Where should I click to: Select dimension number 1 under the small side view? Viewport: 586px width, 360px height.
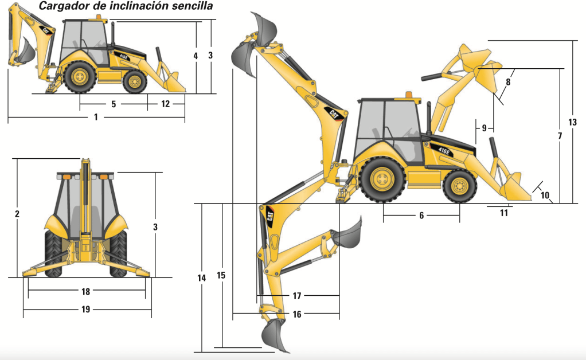tap(96, 117)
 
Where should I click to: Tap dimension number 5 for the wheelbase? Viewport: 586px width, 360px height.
tap(114, 104)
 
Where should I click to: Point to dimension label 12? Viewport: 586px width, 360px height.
tap(165, 104)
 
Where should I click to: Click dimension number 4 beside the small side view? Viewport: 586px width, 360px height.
tap(196, 56)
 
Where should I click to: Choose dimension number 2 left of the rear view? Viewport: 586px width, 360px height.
tap(17, 214)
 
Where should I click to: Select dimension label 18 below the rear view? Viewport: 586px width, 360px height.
tap(85, 291)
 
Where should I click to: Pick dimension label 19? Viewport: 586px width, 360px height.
tap(85, 309)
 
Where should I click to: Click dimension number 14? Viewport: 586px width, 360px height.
tap(201, 278)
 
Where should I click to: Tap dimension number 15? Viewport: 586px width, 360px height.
tap(221, 275)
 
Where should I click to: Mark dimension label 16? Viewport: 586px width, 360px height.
tap(297, 314)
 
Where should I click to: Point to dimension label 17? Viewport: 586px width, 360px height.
tap(297, 296)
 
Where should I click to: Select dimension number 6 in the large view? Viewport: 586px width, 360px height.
tap(421, 216)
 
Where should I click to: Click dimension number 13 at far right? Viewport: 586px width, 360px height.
tap(572, 122)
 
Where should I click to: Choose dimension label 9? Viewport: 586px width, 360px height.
tap(484, 128)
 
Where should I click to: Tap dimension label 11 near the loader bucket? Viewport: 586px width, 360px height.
tap(504, 213)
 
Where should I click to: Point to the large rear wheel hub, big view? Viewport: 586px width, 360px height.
tap(382, 179)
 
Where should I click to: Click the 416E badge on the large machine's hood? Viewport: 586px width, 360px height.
tap(444, 151)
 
